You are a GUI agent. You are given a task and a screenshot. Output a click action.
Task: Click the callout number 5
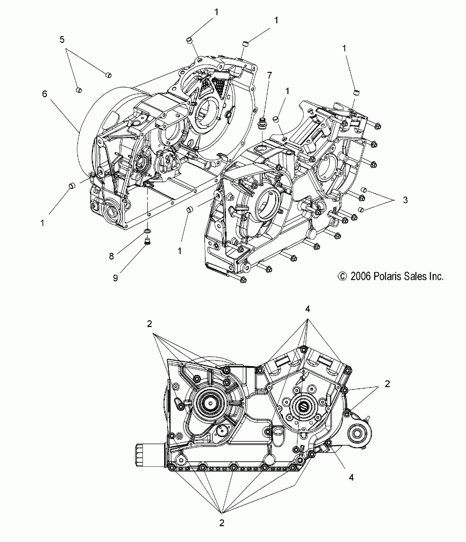62,40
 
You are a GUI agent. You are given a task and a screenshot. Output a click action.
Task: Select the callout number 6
44,94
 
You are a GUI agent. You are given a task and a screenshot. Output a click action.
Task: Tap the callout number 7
270,75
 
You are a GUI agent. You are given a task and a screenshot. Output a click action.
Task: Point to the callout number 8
112,256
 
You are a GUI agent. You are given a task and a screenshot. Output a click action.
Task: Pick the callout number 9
115,278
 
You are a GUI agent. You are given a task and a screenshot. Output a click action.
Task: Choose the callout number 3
405,200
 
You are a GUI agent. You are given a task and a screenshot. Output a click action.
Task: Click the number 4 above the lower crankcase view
308,309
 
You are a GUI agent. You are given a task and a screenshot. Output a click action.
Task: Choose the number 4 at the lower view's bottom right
351,477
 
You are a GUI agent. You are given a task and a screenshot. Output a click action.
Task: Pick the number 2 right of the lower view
387,384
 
